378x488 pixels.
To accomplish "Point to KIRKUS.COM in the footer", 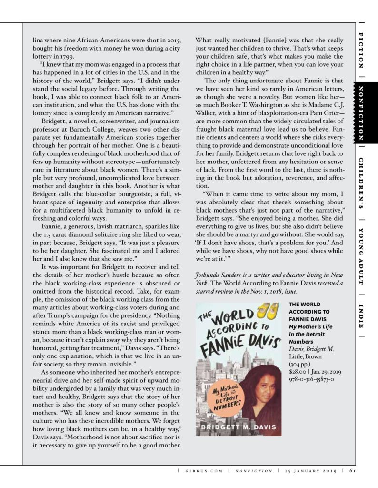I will pos(202,472).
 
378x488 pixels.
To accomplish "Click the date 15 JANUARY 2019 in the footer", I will pos(310,472).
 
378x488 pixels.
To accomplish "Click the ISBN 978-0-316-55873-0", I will pos(311,379).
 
